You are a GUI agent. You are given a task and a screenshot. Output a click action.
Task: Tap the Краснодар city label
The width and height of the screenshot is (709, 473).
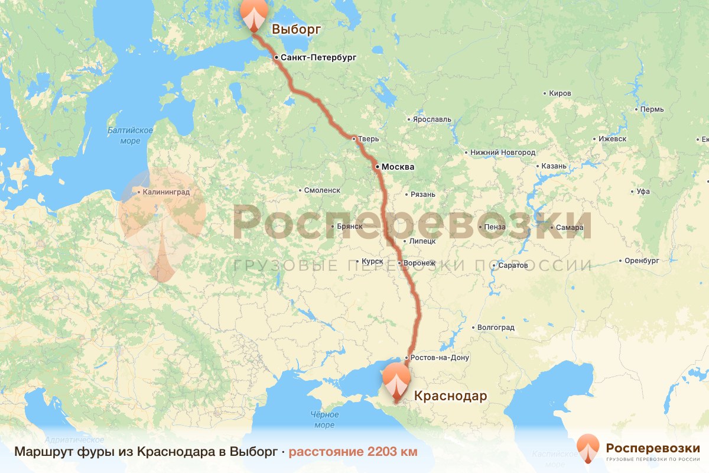coord(450,396)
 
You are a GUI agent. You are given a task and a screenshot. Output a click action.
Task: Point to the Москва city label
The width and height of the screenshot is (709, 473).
coord(398,167)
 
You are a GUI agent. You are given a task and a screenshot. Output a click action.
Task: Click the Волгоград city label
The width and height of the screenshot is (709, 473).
coord(495,327)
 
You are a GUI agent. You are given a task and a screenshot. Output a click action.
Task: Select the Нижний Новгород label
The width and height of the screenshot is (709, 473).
coord(503,153)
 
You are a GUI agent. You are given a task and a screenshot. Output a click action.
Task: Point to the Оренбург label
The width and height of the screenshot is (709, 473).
coord(641,260)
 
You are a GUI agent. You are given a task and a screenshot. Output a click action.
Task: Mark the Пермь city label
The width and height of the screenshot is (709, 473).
coord(652,109)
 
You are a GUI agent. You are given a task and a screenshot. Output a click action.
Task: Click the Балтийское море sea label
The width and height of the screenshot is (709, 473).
coord(131,135)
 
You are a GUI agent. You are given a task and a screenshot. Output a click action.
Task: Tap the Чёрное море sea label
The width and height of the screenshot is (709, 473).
coord(324,420)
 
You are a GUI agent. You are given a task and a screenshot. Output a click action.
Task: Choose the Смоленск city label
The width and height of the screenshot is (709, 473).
coord(322,190)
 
